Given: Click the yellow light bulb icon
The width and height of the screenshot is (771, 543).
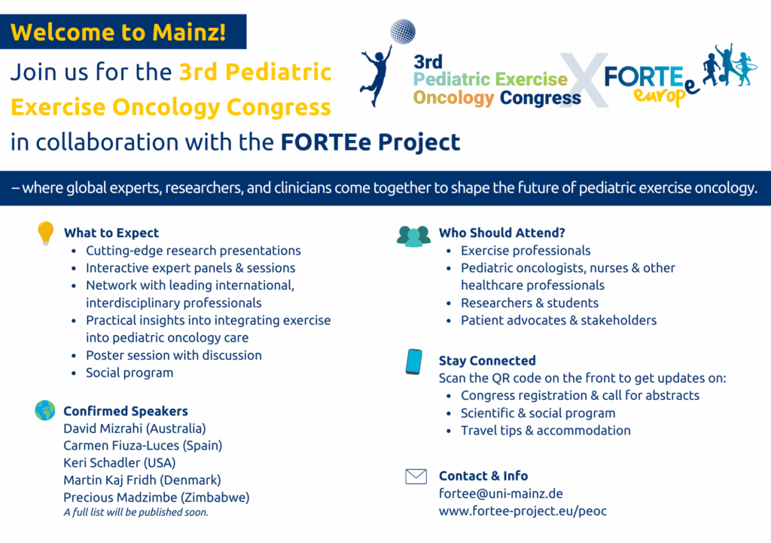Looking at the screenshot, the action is tap(45, 233).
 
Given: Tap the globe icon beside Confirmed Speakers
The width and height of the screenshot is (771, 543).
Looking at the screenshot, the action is tap(45, 410).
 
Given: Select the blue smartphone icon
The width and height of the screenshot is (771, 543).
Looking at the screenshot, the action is tap(414, 361).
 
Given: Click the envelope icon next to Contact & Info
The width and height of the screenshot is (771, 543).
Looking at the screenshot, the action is tap(416, 476).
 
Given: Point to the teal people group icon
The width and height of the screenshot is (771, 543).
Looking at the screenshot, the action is tap(413, 236).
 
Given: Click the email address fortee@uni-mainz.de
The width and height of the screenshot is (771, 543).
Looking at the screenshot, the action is tap(501, 493).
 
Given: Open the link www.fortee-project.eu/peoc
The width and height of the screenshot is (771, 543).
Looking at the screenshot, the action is tap(523, 511).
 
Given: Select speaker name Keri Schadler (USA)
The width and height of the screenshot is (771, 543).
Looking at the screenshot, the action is tap(120, 463).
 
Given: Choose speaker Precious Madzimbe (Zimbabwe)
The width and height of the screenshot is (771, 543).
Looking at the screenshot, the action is tap(157, 497).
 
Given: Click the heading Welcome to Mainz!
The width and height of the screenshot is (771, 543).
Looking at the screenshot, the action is tap(118, 32).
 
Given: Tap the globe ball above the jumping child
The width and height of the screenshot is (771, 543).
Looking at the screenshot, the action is tap(403, 31).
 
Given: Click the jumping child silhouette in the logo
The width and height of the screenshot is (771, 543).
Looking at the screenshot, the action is tap(376, 75).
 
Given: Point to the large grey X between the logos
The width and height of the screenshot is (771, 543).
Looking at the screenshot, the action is tap(584, 80).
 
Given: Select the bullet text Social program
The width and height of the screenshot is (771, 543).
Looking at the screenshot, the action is tap(130, 373).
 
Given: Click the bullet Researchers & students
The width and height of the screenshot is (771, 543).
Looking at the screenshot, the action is tap(529, 303).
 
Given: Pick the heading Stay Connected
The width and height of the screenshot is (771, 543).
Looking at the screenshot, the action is tap(487, 361).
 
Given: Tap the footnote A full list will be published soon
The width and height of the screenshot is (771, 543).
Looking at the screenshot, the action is tap(136, 512).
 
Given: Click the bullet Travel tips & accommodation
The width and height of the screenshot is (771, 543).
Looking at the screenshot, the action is tap(545, 430).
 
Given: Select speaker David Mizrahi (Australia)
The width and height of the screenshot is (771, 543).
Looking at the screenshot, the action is tap(134, 429).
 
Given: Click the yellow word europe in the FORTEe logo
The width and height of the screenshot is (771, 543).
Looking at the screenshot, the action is tap(664, 93).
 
